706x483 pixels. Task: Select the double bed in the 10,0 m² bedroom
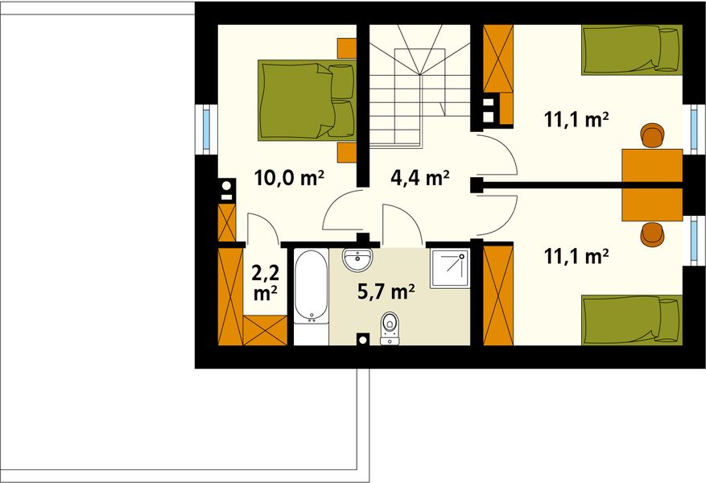[x=307, y=99]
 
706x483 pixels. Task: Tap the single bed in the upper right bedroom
[x=632, y=49]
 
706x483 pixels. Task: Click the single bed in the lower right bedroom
[x=632, y=320]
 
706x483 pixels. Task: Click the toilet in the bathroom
[x=390, y=327]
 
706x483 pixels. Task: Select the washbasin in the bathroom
[x=357, y=260]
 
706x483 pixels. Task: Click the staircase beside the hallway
[x=419, y=85]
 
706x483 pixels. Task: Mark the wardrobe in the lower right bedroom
[x=498, y=295]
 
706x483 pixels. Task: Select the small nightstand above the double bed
[x=347, y=47]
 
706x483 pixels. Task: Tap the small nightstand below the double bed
[x=347, y=152]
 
